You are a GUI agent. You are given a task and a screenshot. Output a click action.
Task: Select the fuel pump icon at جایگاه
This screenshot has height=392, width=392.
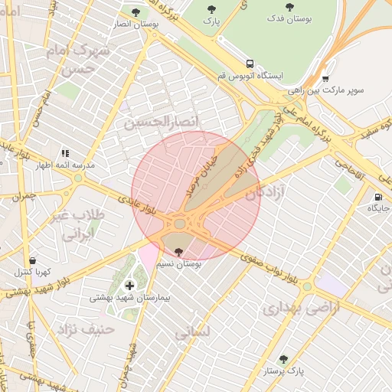coord(378,196)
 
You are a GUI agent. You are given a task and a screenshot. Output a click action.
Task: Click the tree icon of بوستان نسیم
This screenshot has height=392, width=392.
coord(179,251)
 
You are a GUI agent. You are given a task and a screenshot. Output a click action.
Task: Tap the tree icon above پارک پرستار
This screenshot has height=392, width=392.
coord(283,358)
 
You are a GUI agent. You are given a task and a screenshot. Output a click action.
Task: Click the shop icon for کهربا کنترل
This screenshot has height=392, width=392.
coord(31,260)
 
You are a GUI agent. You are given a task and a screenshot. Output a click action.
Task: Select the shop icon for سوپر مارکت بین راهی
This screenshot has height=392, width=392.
coord(325,78)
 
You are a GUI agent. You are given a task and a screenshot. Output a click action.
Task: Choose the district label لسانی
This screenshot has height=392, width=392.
coord(191,334)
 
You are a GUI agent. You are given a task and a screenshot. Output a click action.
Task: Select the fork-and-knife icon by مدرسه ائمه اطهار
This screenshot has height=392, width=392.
coord(65,153)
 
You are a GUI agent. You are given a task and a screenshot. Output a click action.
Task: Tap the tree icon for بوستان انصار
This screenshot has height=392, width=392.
coord(136,12)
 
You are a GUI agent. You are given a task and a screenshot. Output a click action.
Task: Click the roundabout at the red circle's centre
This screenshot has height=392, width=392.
coord(181,224)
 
